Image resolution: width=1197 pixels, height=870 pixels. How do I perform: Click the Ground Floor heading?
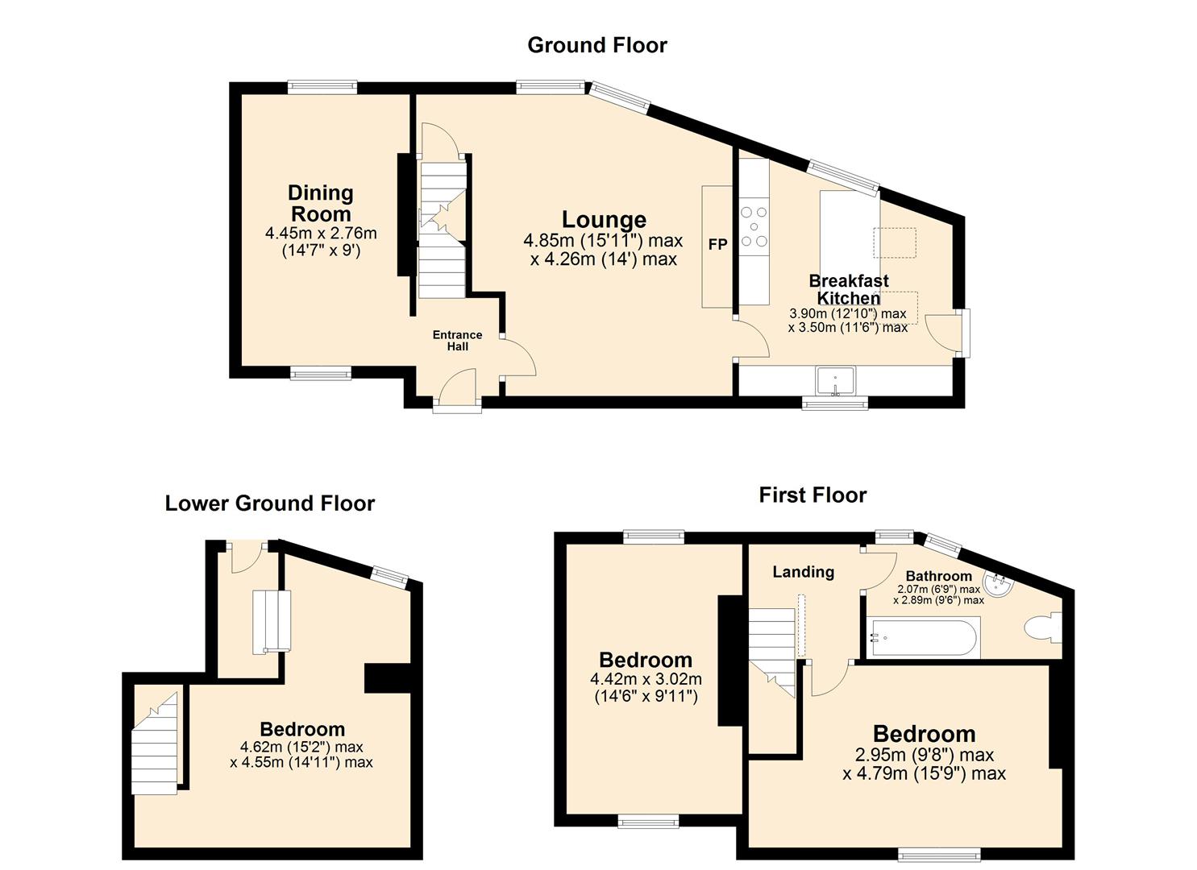(x=597, y=45)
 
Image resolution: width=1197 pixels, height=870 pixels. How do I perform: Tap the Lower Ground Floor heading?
(x=270, y=503)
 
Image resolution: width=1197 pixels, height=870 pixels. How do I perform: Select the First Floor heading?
(x=813, y=495)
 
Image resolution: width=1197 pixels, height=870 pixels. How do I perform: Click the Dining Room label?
(x=321, y=203)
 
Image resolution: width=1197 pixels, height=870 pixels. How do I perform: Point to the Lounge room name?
(x=604, y=219)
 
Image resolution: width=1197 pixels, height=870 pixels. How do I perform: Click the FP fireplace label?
(x=717, y=245)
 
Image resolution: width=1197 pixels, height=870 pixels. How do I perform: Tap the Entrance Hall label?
(x=457, y=341)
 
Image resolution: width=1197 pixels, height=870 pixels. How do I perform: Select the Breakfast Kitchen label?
(x=849, y=289)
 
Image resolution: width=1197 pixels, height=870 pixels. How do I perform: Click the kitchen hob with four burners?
(x=754, y=226)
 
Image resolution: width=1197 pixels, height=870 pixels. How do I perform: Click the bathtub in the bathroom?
(x=923, y=639)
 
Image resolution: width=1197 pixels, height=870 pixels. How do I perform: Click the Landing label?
(x=803, y=572)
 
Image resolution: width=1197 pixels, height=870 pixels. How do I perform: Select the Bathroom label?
(x=938, y=576)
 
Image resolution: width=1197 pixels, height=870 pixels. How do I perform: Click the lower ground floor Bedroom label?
(x=302, y=729)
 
